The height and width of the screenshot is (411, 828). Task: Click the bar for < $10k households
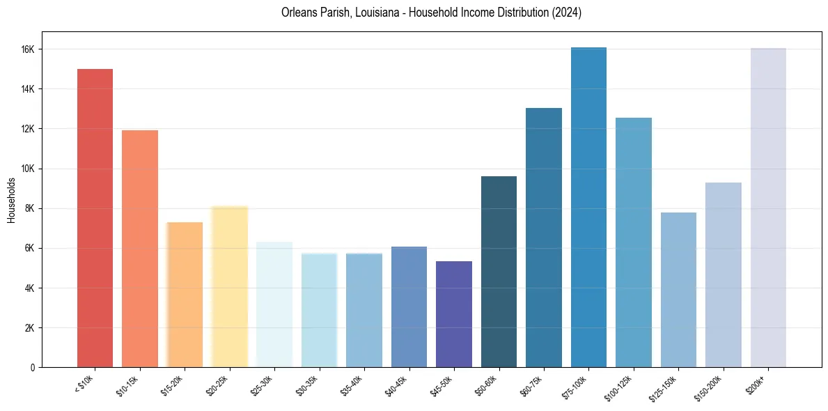pos(95,218)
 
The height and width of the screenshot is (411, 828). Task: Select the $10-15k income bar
pos(140,249)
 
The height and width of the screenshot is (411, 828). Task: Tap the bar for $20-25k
pos(230,286)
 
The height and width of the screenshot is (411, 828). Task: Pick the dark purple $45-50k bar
pos(454,314)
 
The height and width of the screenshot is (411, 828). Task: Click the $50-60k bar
pos(499,272)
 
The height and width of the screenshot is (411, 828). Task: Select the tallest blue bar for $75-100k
pos(588,207)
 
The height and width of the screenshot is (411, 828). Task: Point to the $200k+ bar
pos(768,208)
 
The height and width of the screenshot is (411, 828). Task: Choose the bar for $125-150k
pos(678,290)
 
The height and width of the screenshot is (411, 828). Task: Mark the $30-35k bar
pos(319,310)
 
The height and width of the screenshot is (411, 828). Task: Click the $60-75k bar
pos(544,238)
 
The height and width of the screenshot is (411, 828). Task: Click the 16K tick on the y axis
pos(28,49)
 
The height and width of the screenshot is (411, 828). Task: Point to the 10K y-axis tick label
pos(28,169)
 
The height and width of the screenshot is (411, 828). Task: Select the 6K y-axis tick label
pos(30,248)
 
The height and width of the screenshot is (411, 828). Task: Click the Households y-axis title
pos(11,200)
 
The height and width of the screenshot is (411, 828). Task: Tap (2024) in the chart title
pos(568,13)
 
